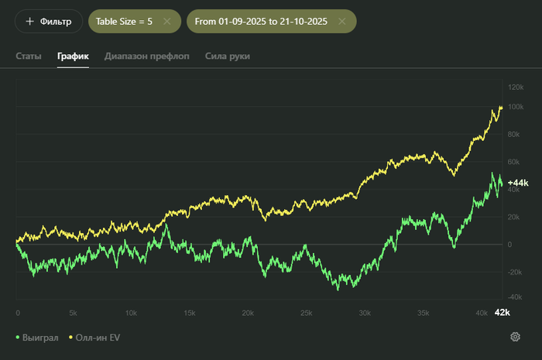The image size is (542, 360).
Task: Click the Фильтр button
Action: pos(48,22)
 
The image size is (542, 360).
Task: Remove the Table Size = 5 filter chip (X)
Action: pos(166,22)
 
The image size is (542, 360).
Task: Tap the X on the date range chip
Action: pos(341,22)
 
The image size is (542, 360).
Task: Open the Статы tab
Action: pos(29,57)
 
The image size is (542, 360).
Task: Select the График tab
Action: pos(73,57)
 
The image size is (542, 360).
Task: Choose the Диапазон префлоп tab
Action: pos(147,57)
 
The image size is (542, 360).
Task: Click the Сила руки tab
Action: pos(228,57)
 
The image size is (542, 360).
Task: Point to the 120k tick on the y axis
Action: pos(516,79)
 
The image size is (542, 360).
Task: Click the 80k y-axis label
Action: pos(514,134)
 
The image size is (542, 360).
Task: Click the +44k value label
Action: pos(517,183)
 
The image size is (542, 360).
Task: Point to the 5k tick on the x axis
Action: pos(73,313)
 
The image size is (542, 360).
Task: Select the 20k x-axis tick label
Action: pos(248,313)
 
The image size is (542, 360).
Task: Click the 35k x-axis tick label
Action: pos(422,313)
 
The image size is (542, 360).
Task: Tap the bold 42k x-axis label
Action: pos(502,313)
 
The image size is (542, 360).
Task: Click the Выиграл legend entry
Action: pos(36,338)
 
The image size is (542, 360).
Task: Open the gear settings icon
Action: pos(515,337)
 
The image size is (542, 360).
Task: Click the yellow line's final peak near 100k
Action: pos(500,107)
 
